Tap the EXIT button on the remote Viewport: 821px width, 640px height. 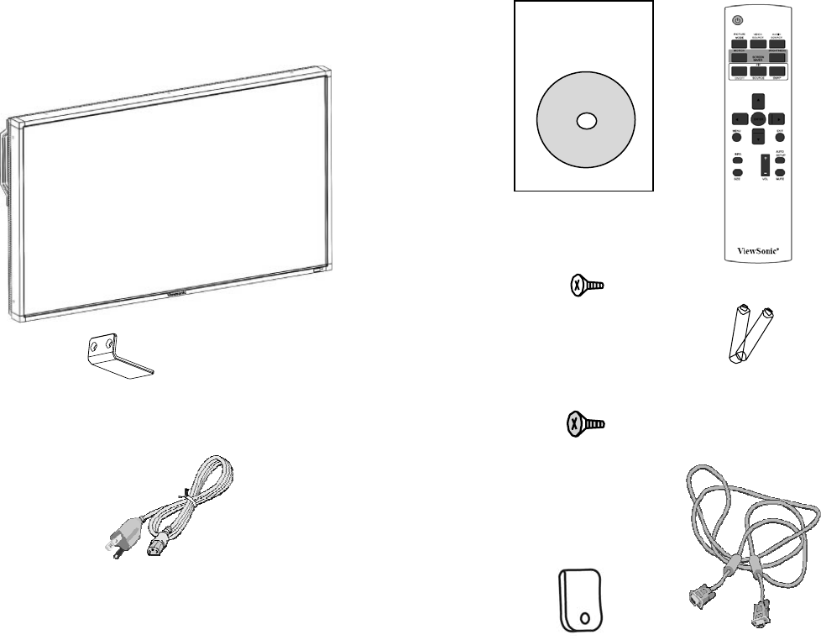point(779,138)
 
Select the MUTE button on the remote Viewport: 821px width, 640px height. point(779,171)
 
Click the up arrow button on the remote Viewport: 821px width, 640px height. point(758,101)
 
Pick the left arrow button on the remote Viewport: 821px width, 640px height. point(737,119)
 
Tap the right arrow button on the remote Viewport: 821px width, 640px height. point(779,119)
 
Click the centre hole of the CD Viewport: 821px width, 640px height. point(584,121)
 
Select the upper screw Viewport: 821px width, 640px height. point(583,286)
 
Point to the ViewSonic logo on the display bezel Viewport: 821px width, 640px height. point(177,294)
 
